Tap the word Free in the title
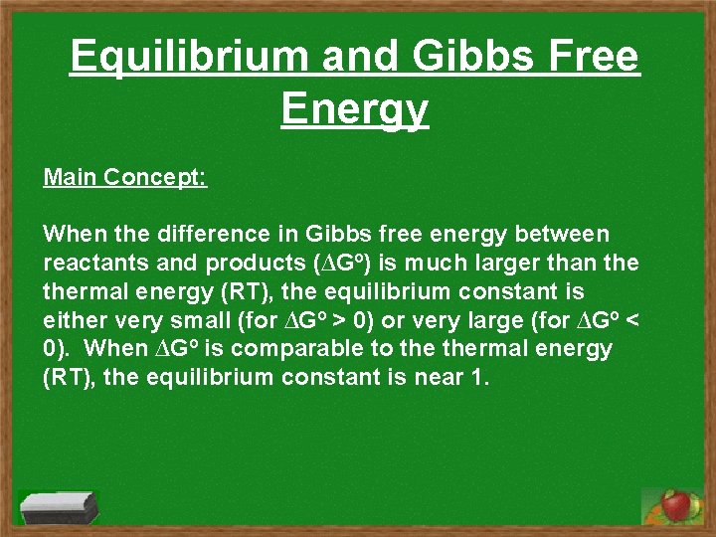[x=587, y=58]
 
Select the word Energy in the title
[x=355, y=109]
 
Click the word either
[x=71, y=321]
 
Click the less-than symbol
[x=632, y=321]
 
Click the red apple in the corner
[x=676, y=505]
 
